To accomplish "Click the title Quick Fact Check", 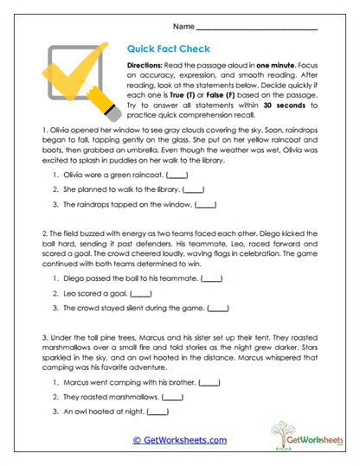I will point(167,50).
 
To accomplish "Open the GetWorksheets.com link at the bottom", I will point(179,440).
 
